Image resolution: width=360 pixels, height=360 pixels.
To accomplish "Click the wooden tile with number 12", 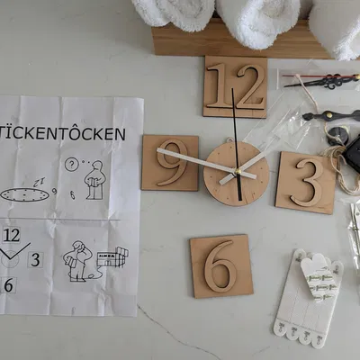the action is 235,87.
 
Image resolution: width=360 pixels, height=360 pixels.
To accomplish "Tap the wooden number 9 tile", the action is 170,163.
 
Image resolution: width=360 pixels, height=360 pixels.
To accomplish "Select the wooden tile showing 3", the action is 306,183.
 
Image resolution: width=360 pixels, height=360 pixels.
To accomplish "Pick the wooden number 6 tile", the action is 221,266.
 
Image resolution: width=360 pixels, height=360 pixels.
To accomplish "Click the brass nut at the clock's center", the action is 238,172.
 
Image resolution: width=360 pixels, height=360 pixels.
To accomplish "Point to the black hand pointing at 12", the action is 236,144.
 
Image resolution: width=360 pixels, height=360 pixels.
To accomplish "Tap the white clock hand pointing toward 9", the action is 195,161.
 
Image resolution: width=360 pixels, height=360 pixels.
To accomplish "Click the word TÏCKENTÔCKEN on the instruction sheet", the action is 62,134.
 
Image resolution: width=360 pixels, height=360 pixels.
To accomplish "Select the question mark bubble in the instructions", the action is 71,165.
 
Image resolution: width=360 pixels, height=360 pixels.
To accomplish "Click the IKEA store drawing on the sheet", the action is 112,257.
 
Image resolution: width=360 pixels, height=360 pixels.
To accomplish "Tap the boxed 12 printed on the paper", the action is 12,235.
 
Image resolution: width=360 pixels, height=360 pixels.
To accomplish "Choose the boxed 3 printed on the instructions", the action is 35,260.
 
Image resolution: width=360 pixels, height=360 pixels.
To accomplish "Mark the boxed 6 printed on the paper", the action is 8,285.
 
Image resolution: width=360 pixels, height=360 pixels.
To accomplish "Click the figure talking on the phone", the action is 76,261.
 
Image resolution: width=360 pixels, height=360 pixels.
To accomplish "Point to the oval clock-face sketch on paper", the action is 24,195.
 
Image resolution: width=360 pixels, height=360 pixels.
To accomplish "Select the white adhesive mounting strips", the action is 308,299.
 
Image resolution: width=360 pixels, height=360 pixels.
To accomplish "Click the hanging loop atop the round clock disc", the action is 229,139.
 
